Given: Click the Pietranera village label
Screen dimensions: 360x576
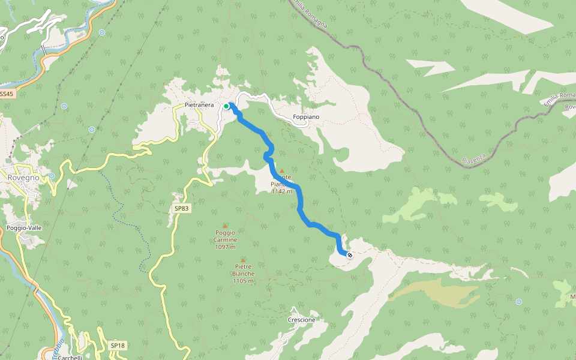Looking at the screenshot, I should tap(199, 106).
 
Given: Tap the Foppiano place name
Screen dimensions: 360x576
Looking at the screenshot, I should tap(306, 116).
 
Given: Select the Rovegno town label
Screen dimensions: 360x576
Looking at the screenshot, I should tap(23, 178).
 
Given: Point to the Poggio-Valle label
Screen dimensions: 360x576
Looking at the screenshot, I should tap(24, 228).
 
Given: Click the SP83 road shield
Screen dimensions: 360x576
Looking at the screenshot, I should tap(181, 208).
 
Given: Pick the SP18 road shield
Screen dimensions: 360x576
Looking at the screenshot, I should tap(118, 346).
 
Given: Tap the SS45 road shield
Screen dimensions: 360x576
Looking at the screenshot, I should tap(6, 94).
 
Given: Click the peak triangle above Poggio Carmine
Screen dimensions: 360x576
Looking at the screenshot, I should tap(225, 225).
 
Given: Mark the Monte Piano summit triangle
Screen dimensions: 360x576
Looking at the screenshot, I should tap(281, 170).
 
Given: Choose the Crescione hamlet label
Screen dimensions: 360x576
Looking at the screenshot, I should tap(301, 320).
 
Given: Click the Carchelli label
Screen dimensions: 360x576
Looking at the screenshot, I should tap(70, 357).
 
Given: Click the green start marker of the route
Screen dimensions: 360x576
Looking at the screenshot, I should tap(226, 106).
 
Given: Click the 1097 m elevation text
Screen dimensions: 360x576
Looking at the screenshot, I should tap(224, 247).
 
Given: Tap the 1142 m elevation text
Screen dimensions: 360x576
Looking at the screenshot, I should tap(281, 191).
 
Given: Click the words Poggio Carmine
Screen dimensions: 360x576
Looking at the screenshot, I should tap(224, 236).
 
